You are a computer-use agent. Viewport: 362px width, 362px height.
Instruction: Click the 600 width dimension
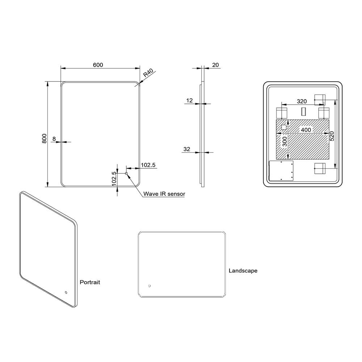pyautogui.click(x=98, y=65)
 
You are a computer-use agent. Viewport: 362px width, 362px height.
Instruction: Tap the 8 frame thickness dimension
pyautogui.click(x=54, y=138)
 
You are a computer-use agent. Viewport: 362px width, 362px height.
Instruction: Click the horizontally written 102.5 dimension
pyautogui.click(x=148, y=165)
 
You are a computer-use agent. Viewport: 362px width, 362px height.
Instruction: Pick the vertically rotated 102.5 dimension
pyautogui.click(x=114, y=178)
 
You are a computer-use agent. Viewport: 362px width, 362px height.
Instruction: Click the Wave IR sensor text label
pyautogui.click(x=164, y=194)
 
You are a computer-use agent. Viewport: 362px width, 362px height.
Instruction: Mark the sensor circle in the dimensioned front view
pyautogui.click(x=126, y=174)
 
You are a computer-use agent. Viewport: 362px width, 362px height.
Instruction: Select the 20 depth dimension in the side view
pyautogui.click(x=215, y=65)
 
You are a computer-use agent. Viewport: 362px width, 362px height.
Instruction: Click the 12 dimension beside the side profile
pyautogui.click(x=189, y=101)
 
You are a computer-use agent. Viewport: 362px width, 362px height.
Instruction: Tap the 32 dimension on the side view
pyautogui.click(x=187, y=149)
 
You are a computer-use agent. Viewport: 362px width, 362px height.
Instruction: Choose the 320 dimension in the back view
pyautogui.click(x=302, y=101)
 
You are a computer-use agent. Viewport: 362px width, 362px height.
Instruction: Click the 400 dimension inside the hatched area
pyautogui.click(x=306, y=130)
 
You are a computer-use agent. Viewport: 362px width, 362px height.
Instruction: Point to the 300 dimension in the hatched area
pyautogui.click(x=285, y=142)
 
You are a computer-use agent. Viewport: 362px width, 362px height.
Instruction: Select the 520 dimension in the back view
pyautogui.click(x=332, y=136)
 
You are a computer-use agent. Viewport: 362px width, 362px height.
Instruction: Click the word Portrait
pyautogui.click(x=89, y=282)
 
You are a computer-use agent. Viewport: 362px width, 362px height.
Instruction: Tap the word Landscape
pyautogui.click(x=243, y=270)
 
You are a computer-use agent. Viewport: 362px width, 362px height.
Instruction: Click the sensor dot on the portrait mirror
pyautogui.click(x=66, y=292)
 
